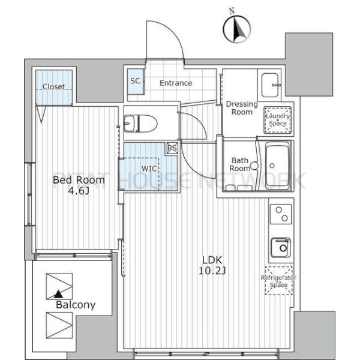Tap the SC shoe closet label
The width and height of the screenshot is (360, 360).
coord(135,81)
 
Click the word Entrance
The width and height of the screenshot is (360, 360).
coord(176,83)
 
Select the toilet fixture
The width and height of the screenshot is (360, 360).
coord(140,124)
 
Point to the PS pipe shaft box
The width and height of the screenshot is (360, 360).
coord(172,148)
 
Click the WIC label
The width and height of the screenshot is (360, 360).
coord(149,169)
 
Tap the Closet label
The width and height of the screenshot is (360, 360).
coord(54,87)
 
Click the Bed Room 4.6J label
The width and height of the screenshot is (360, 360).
coord(79,185)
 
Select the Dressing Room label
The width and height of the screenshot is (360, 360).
coord(242,108)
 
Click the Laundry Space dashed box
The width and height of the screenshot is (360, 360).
coord(278,119)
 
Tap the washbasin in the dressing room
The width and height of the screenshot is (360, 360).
coord(270,85)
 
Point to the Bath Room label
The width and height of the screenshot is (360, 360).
coord(240,164)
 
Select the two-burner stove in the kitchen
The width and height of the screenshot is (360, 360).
coord(281,214)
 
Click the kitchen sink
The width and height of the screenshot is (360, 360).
coord(281,247)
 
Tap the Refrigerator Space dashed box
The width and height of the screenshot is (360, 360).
coord(279,281)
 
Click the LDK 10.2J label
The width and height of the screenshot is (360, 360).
coord(212,265)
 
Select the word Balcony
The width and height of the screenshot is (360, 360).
coord(76,305)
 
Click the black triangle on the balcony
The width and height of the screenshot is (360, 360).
coord(59,294)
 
